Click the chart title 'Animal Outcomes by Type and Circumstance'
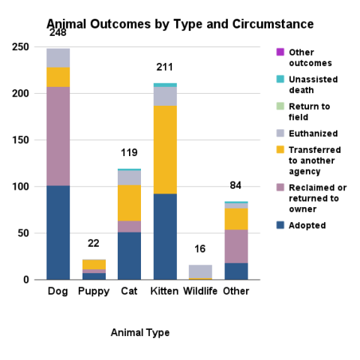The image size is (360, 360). (x=180, y=25)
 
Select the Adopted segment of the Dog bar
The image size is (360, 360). (x=58, y=232)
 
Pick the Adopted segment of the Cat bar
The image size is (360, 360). (x=129, y=256)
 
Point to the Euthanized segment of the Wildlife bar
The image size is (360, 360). (x=200, y=271)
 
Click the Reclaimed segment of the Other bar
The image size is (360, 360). (x=236, y=246)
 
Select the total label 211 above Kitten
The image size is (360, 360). (x=165, y=67)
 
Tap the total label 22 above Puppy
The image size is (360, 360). (x=94, y=244)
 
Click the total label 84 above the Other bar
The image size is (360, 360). (x=236, y=186)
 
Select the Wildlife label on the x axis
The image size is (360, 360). (x=200, y=290)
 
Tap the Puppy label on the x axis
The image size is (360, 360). (x=94, y=290)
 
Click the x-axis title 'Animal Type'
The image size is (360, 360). (x=139, y=332)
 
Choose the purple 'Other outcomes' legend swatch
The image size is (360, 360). (x=280, y=52)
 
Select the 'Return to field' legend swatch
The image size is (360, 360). (x=280, y=106)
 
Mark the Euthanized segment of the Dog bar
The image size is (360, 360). (x=58, y=58)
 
